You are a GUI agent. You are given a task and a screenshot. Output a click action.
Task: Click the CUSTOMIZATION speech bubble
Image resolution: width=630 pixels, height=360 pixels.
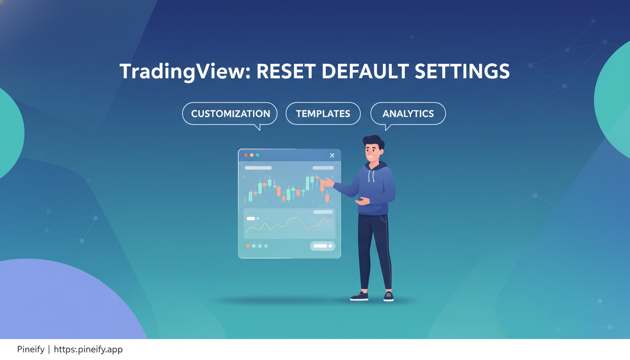pos(230,114)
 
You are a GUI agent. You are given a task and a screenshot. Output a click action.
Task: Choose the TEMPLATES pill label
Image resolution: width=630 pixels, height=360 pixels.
pos(323,114)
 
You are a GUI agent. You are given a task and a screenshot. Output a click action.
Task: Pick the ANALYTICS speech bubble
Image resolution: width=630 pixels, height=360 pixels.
pos(408,114)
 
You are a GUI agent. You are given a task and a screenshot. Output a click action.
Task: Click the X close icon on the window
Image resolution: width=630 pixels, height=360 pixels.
pos(332,155)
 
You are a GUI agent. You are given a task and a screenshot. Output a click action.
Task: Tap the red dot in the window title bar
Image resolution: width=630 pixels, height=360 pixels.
pos(246,155)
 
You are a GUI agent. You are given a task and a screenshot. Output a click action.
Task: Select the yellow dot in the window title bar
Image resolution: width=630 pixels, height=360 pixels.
pos(252,155)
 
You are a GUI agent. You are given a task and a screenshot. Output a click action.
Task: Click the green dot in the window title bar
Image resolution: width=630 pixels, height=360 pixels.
pos(257,155)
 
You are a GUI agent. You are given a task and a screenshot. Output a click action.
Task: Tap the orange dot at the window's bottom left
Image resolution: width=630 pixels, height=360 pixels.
pos(247,246)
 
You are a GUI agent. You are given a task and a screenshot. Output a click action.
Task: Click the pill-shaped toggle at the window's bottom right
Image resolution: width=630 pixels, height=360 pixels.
pos(322,246)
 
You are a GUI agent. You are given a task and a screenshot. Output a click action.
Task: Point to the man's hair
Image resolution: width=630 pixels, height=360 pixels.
pos(374,141)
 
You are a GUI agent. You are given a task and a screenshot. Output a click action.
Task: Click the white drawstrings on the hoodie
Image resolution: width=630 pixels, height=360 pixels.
pos(372,176)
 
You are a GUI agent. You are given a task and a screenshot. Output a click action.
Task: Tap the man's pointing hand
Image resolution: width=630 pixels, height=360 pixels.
pos(327,182)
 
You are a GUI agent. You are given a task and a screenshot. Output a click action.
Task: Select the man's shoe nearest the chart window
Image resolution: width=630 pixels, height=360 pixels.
pos(359,296)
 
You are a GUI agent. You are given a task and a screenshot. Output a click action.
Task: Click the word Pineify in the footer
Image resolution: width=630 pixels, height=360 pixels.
pos(31,349)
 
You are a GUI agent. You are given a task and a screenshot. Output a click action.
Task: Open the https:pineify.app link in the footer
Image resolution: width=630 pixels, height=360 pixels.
pos(88,349)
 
